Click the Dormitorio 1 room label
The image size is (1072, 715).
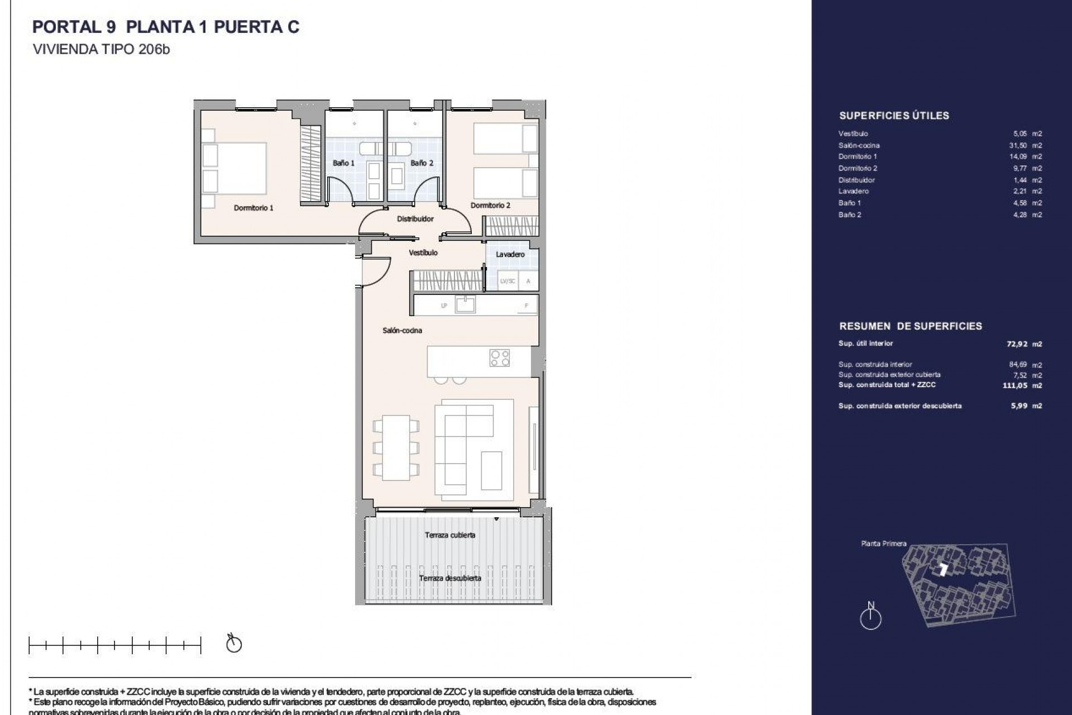(253, 208)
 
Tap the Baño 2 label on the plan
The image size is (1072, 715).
(422, 163)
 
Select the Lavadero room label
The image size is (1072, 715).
(510, 254)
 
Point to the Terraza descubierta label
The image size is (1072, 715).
(450, 578)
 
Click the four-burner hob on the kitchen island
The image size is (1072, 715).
(499, 358)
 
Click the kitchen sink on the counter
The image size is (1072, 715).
(465, 304)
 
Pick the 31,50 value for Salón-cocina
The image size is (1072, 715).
(1020, 145)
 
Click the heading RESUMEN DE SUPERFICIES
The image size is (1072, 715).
(910, 326)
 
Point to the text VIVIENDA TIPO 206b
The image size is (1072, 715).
(101, 49)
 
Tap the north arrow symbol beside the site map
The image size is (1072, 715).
(870, 617)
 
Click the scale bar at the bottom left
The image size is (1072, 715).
(114, 646)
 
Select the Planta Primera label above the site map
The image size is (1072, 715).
(883, 544)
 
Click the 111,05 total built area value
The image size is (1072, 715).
(1014, 385)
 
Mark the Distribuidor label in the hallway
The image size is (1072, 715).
(415, 219)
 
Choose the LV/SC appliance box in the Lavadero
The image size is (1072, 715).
(508, 281)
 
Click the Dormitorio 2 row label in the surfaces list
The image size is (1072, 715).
(858, 168)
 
